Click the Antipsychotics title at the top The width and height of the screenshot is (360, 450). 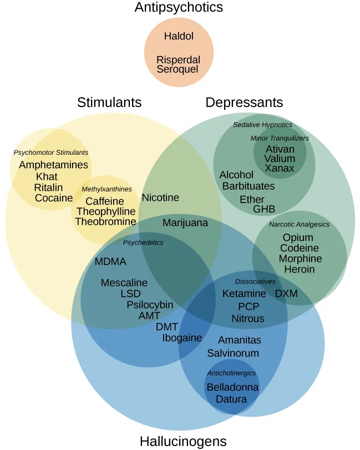tap(179, 8)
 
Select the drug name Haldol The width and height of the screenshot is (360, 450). tap(179, 37)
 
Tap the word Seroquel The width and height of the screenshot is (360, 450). tap(178, 69)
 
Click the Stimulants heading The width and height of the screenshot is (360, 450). tap(109, 103)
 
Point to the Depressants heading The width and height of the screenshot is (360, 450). tap(244, 103)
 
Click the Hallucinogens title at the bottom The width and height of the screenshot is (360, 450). tap(183, 441)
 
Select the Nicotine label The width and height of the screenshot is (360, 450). tap(160, 198)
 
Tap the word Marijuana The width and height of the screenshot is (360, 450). tap(185, 223)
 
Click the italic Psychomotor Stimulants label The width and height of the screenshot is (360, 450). tap(50, 153)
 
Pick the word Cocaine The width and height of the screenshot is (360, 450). tap(54, 198)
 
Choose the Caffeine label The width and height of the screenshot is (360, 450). tap(104, 201)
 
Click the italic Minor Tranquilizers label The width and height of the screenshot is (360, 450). tap(280, 138)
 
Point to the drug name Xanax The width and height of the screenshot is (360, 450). tap(280, 168)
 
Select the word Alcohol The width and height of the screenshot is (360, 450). tap(236, 175)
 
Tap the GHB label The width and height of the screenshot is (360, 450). tap(264, 209)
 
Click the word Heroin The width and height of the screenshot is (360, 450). tap(300, 269)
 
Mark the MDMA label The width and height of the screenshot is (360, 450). tap(110, 262)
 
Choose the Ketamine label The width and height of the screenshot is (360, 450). tap(244, 294)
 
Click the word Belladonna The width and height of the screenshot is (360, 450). tap(232, 387)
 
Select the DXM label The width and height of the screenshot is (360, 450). tap(286, 294)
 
